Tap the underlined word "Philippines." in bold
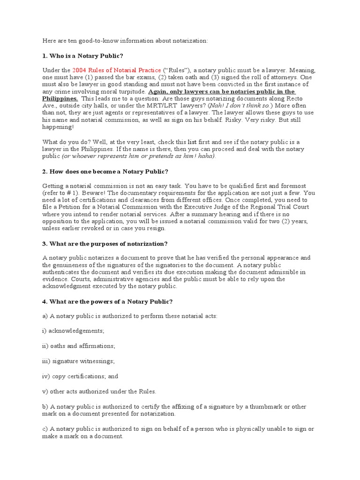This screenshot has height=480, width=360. click(x=60, y=99)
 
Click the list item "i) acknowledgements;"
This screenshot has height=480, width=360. click(x=73, y=330)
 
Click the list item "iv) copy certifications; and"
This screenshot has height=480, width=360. click(x=80, y=376)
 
